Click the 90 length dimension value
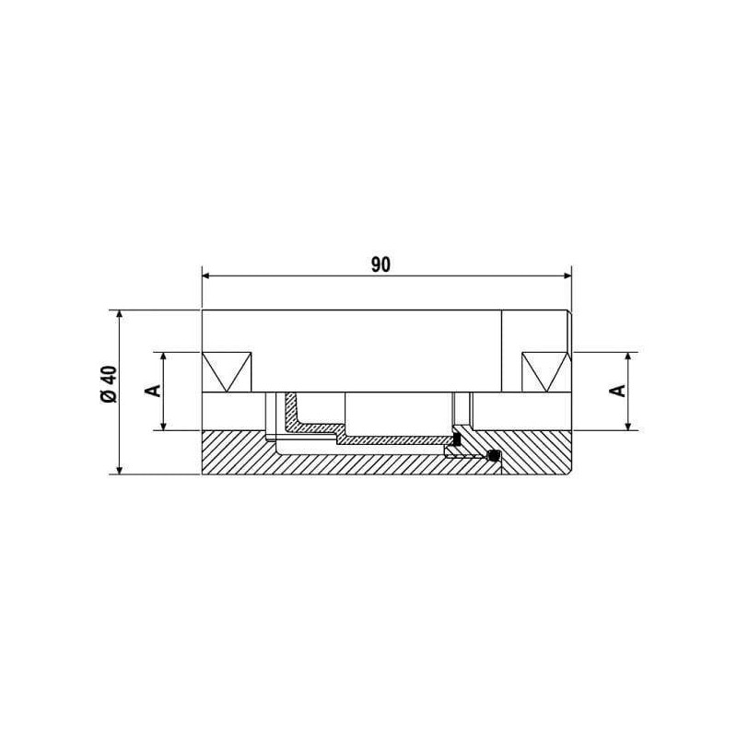tap(380, 265)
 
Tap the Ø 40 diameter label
tap(109, 383)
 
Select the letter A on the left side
tap(155, 390)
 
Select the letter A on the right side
tap(619, 390)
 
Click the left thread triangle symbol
tap(227, 372)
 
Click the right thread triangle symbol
tap(545, 372)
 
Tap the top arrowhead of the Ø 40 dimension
tap(120, 316)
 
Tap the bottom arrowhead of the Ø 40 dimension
tap(120, 469)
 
